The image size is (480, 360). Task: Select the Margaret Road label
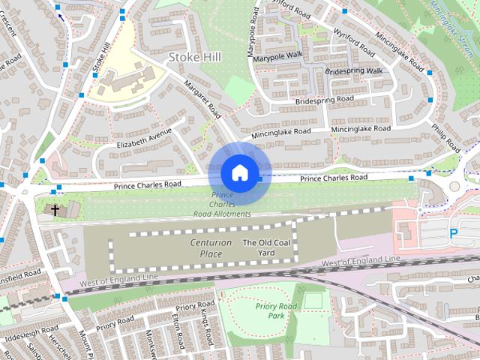click(x=202, y=99)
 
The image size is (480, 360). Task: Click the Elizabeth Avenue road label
click(x=144, y=138)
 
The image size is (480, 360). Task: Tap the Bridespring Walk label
click(x=354, y=71)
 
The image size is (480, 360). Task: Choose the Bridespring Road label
click(x=325, y=100)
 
